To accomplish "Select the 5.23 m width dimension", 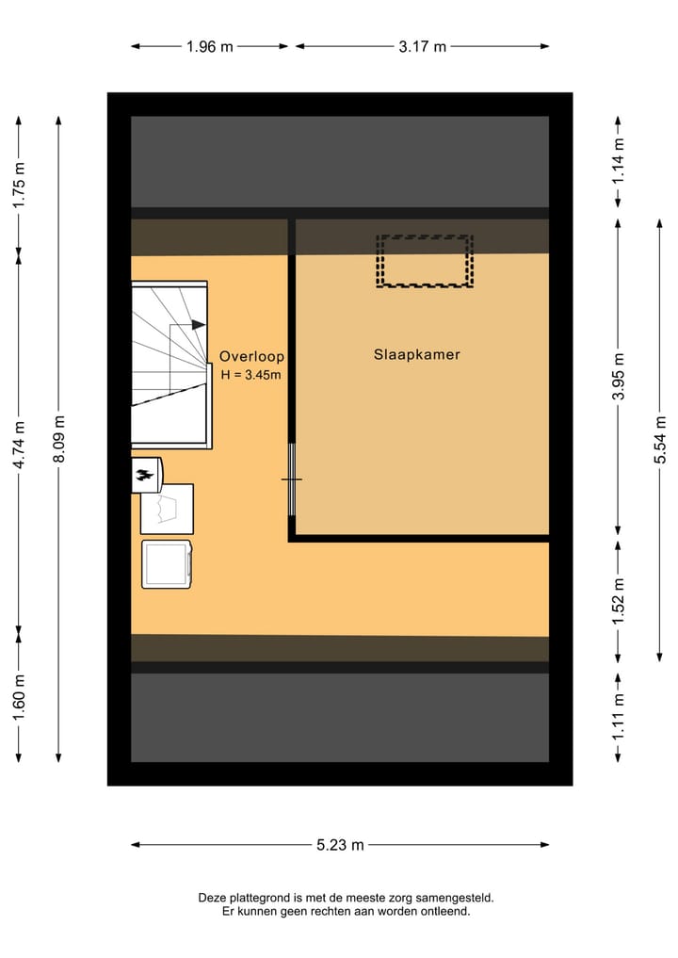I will click(x=340, y=845).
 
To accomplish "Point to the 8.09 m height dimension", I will click(x=59, y=440).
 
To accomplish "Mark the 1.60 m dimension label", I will click(x=19, y=698).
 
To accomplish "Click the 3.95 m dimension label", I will click(x=618, y=377).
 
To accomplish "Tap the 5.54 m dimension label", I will click(x=660, y=440).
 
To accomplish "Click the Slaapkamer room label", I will click(x=417, y=355).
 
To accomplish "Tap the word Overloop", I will click(x=251, y=357).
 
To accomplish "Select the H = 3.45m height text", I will click(x=251, y=375).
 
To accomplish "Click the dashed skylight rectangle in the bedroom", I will click(x=424, y=261).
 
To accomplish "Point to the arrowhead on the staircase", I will click(x=199, y=324).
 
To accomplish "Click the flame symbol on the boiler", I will click(x=145, y=477).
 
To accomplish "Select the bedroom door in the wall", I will click(x=292, y=479).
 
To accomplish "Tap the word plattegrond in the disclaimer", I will click(x=261, y=899).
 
